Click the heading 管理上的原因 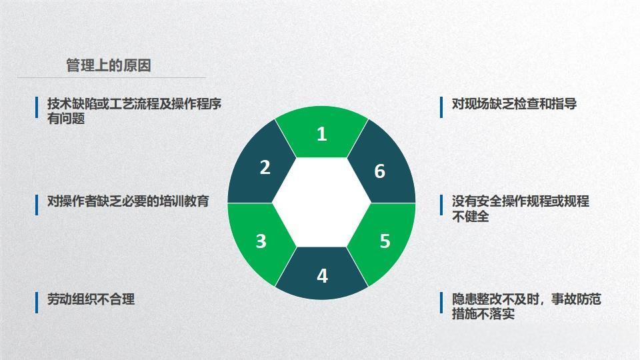[109, 65]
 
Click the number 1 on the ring [321, 134]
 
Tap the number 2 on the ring [265, 167]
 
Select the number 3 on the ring [261, 241]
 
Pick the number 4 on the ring [322, 275]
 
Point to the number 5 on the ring [385, 241]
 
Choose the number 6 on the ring [379, 171]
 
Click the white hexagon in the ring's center [321, 203]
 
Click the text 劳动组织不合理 [91, 299]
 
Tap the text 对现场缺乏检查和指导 [514, 104]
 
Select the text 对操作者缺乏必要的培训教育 [128, 201]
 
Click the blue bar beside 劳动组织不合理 [37, 302]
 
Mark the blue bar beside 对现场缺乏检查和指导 [441, 107]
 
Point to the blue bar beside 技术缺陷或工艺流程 [37, 107]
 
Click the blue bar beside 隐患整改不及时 [441, 303]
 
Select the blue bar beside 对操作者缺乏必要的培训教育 [37, 204]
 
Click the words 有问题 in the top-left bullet [66, 119]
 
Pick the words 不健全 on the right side [471, 217]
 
